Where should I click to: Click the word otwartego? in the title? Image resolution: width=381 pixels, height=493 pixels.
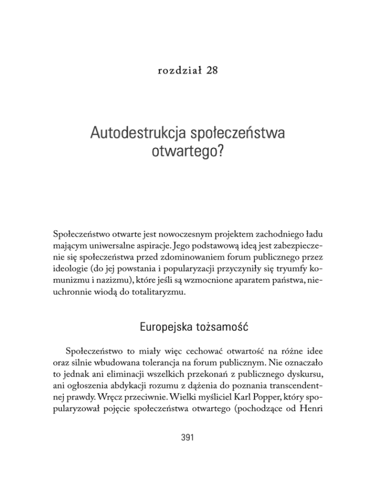tap(190, 156)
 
